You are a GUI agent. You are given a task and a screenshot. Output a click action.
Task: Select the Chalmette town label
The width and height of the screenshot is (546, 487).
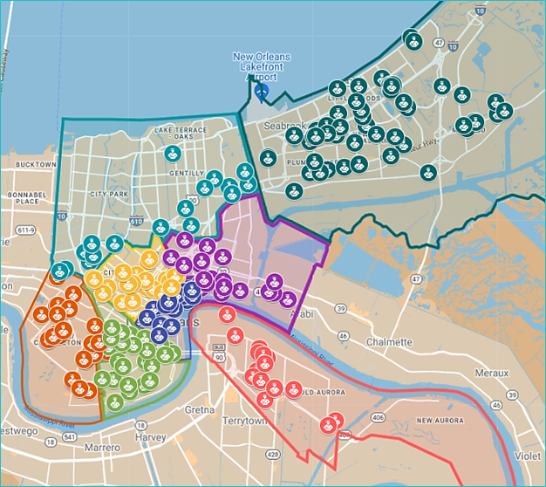(389, 342)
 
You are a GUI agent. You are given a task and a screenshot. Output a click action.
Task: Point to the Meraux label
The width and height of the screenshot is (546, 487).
(494, 373)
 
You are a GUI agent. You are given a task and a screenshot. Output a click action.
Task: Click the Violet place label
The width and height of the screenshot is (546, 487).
(528, 454)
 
